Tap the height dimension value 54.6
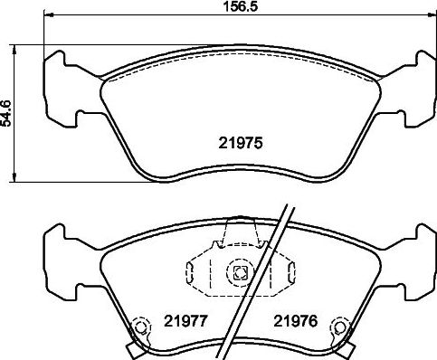pyautogui.click(x=6, y=113)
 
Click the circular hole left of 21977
pyautogui.click(x=140, y=327)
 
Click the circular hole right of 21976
pyautogui.click(x=341, y=327)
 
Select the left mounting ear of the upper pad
pyautogui.click(x=61, y=89)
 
